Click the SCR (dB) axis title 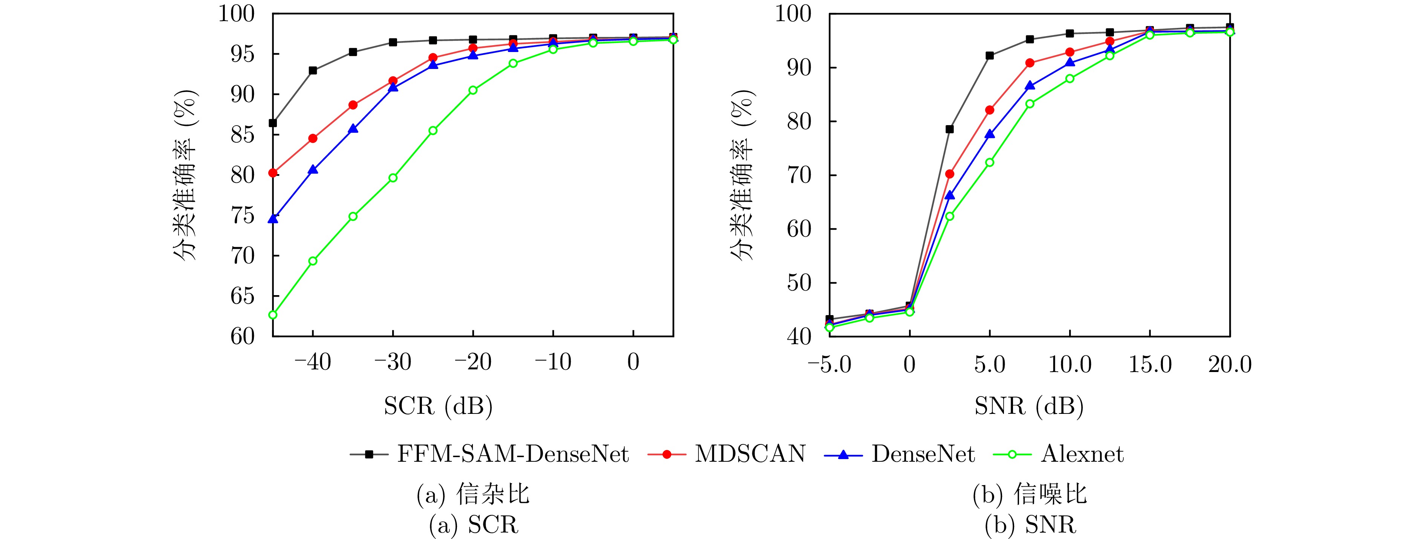[x=438, y=406]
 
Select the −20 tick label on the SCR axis [x=473, y=363]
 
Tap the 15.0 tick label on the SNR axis [x=1150, y=365]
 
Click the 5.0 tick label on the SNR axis [x=990, y=365]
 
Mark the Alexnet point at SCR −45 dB [x=272, y=315]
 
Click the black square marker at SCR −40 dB [x=313, y=70]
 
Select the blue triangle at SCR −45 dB [x=272, y=219]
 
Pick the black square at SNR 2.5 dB [x=950, y=129]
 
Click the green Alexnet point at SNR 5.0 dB [x=990, y=162]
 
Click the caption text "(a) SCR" [x=474, y=525]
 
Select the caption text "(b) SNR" [x=1030, y=525]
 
